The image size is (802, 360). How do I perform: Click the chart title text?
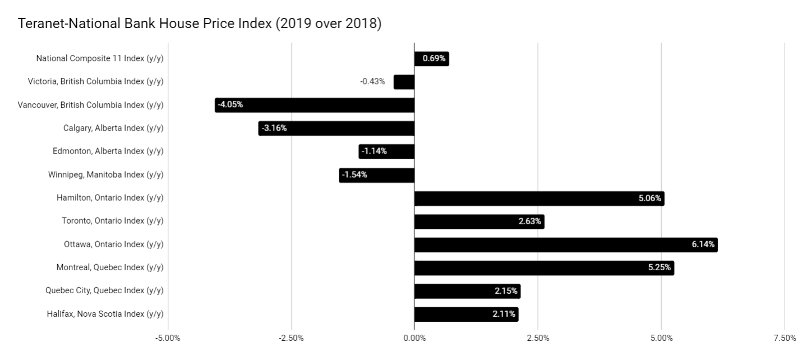pos(200,24)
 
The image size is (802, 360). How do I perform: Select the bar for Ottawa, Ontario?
pos(565,245)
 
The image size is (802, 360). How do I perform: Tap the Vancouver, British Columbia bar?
pos(314,105)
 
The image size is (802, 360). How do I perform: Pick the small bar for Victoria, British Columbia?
pos(404,82)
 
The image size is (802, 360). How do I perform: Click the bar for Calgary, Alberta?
pos(337,128)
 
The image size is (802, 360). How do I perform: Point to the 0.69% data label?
pos(434,58)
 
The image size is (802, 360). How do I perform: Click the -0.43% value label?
pos(372,81)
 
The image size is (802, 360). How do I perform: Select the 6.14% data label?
pos(703,244)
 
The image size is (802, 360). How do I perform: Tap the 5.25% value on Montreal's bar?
pos(660,267)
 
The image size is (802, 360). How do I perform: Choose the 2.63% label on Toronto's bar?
pos(529,221)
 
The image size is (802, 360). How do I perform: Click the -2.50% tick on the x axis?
pos(291,338)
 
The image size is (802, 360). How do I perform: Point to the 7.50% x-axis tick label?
pos(784,338)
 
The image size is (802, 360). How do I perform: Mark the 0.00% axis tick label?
pos(414,338)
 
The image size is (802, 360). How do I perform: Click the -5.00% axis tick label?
pos(168,338)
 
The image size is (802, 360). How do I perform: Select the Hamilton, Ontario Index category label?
pos(110,197)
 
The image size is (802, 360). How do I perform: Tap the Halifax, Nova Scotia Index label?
pos(105,314)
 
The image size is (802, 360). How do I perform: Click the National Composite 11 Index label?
pos(100,58)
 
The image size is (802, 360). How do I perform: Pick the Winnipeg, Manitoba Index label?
pos(106,174)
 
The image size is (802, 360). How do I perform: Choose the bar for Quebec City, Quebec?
pos(467,292)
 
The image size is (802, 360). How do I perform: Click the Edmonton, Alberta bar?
pos(386,151)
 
